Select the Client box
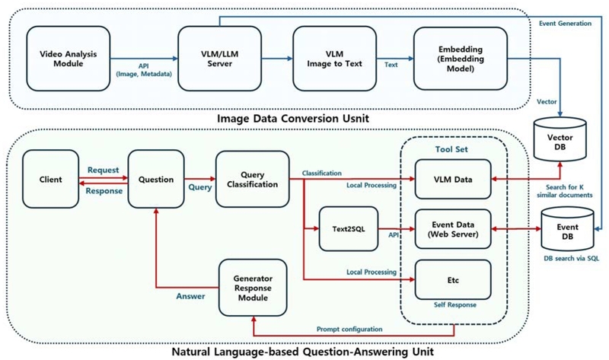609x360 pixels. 52,181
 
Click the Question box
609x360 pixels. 155,181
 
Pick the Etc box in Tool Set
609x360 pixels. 451,280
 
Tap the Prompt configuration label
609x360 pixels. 349,329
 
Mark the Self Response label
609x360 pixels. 451,304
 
